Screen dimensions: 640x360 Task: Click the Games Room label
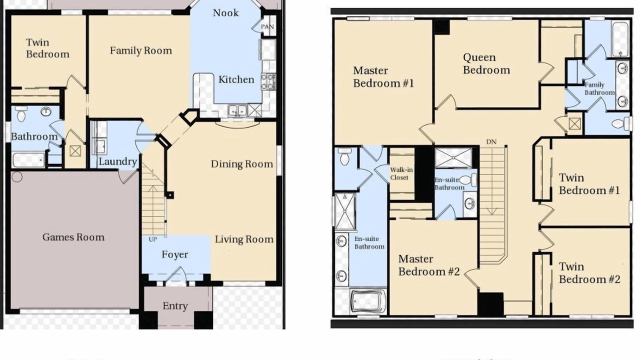[73, 237]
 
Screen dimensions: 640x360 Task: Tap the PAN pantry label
[267, 26]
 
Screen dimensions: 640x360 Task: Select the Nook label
[225, 12]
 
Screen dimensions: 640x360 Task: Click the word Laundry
[117, 161]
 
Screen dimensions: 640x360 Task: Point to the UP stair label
[153, 239]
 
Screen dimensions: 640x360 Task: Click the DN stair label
[491, 141]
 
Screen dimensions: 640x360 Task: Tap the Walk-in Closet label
[401, 173]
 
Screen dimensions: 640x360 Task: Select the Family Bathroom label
[599, 88]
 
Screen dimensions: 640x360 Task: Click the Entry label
[175, 306]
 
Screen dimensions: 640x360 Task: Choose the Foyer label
[175, 254]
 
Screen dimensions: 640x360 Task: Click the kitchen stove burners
[268, 81]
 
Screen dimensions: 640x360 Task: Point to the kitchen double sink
[237, 110]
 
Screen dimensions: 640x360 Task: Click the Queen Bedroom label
[486, 63]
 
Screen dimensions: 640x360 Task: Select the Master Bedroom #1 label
[383, 77]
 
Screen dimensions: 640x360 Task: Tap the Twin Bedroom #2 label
[589, 273]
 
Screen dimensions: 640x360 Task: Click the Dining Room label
[242, 164]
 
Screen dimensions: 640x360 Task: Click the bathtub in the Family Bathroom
[620, 39]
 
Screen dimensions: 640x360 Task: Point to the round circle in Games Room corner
[17, 177]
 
